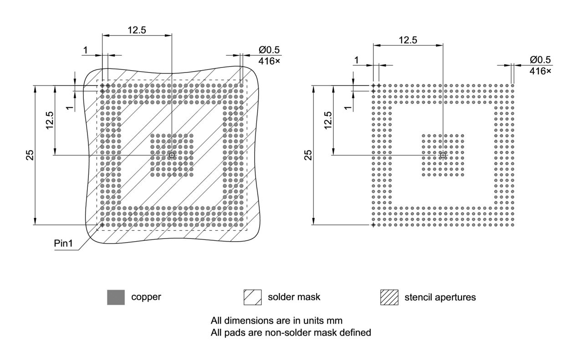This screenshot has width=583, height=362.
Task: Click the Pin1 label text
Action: click(63, 243)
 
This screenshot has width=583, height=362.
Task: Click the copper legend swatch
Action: click(116, 297)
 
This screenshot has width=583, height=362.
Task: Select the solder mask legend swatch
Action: click(253, 297)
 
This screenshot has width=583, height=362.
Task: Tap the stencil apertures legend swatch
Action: click(389, 297)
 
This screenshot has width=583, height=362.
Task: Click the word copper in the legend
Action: click(146, 297)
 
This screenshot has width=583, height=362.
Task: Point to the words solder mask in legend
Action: click(294, 297)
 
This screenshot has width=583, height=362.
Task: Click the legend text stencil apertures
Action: click(440, 298)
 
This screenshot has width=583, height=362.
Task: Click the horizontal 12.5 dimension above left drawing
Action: click(137, 30)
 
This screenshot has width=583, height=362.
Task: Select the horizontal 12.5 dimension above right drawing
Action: click(408, 40)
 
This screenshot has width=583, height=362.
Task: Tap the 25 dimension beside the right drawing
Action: click(308, 155)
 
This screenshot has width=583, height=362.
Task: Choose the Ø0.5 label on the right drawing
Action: click(540, 60)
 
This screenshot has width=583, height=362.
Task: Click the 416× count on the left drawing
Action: click(270, 60)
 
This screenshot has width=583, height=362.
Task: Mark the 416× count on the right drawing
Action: click(540, 71)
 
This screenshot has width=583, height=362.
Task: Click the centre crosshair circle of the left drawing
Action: click(172, 155)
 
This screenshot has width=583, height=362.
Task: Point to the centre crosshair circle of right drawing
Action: click(443, 155)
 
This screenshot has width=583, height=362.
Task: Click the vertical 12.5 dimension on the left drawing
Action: click(49, 120)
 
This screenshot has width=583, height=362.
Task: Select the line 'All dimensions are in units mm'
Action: click(276, 321)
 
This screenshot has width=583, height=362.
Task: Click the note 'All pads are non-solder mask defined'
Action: click(291, 333)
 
